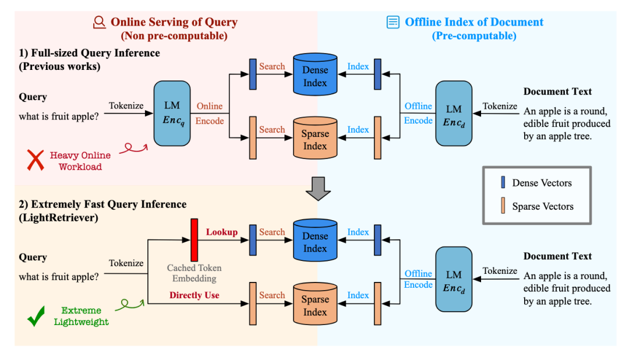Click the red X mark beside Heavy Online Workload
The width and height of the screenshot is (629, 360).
coord(36,160)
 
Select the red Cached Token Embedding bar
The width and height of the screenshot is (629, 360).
coord(194,239)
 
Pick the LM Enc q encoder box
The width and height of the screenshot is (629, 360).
coord(172,113)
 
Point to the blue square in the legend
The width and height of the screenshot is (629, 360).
coord(503,183)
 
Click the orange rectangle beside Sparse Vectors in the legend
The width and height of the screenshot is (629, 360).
coord(503,206)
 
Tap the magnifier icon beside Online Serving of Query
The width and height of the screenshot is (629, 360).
coord(100,23)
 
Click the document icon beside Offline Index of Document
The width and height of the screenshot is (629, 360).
coord(394,23)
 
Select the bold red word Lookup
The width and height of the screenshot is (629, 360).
coord(222,232)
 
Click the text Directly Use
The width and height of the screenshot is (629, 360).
coord(194,295)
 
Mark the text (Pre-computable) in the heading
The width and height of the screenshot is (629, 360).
coord(473,36)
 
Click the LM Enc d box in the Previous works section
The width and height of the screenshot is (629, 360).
coord(454,113)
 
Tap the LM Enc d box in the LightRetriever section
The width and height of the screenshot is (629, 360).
coord(454,280)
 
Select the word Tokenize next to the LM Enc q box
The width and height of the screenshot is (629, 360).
coord(126,105)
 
